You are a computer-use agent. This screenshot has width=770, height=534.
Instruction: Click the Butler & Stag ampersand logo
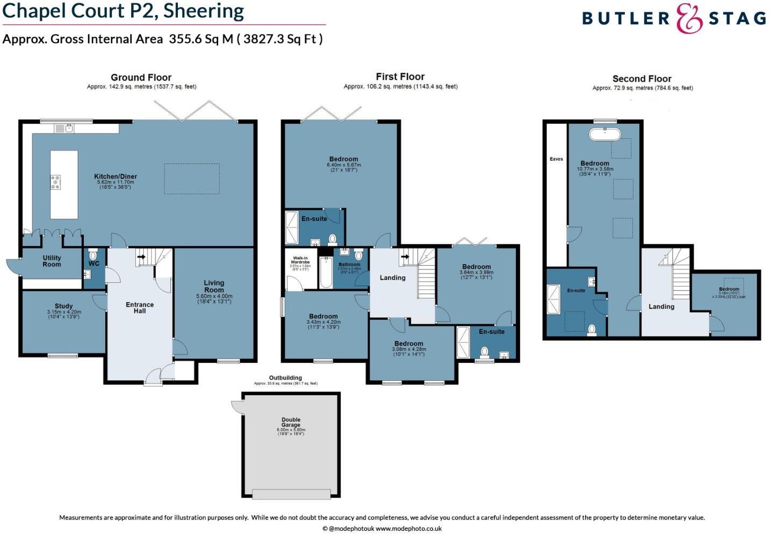(689, 19)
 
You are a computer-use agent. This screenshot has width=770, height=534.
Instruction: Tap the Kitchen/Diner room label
(115, 176)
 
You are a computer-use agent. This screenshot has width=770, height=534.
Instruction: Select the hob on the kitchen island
(55, 182)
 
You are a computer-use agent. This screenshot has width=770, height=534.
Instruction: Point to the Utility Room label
(52, 261)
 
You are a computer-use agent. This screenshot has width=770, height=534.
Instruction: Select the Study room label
(63, 306)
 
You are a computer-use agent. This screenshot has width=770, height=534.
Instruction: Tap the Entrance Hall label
(140, 308)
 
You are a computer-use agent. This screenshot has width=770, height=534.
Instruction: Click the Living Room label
(214, 286)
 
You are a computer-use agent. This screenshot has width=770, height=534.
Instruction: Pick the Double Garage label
(291, 422)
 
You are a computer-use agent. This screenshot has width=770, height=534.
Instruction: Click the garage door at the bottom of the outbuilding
(291, 494)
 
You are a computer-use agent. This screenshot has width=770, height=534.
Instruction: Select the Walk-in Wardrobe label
(300, 260)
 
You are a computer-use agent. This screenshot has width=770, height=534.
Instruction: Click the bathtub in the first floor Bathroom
(325, 272)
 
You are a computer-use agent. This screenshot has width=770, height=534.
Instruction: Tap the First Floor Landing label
(393, 277)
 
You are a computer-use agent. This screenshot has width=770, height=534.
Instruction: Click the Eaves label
(556, 159)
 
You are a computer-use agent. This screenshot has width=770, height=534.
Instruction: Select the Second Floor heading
(642, 79)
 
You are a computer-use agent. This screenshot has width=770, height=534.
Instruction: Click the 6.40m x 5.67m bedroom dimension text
(343, 165)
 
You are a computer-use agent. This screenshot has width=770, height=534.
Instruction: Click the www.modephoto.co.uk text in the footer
(408, 529)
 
